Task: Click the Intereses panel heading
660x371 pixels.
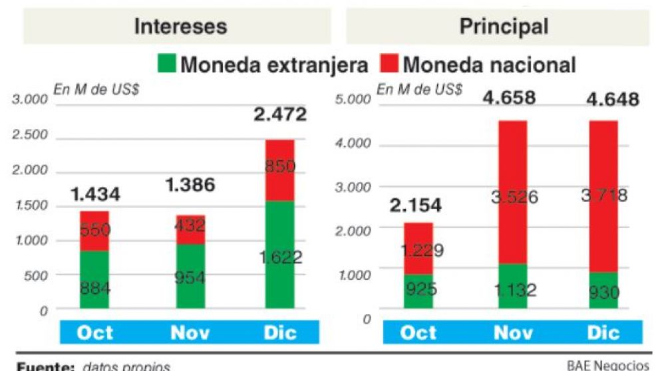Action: (x=180, y=26)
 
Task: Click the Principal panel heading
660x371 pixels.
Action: (x=504, y=26)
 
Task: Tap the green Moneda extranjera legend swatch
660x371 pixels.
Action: (x=166, y=64)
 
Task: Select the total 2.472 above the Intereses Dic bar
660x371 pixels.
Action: (x=280, y=114)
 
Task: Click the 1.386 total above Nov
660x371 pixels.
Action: (x=190, y=185)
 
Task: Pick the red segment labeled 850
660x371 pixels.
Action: (x=280, y=170)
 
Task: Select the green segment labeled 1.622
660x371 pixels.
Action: (x=280, y=256)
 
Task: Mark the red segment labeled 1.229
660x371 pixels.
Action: (x=418, y=249)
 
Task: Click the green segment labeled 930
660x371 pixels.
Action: (x=603, y=291)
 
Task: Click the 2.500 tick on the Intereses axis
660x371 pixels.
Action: (x=31, y=135)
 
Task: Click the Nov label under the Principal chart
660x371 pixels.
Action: (x=513, y=332)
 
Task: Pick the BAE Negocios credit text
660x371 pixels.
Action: (x=607, y=365)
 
